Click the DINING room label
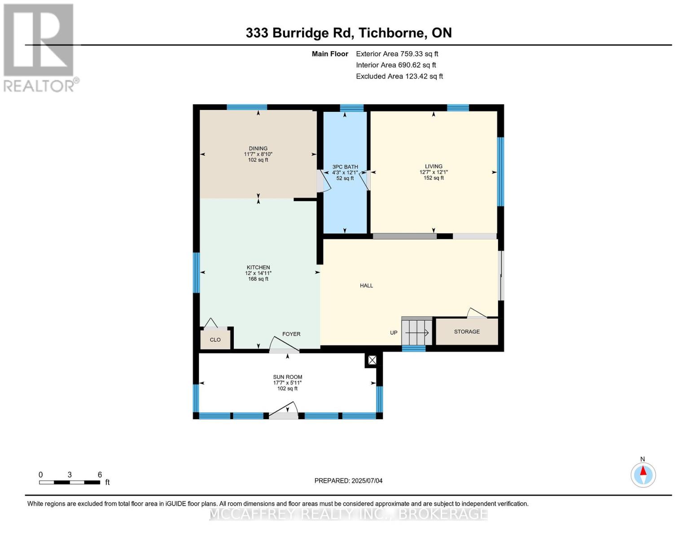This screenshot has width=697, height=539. [258, 149]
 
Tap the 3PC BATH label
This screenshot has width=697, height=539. [345, 167]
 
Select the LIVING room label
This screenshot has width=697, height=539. [434, 166]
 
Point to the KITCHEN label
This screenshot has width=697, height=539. [258, 268]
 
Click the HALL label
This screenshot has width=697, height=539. [366, 286]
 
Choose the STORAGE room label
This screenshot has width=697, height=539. [467, 332]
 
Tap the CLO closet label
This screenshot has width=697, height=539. [215, 340]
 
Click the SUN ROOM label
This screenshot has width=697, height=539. [287, 377]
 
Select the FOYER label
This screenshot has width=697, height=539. [291, 334]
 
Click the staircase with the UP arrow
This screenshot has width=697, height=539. [416, 332]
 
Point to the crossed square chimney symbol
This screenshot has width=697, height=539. [372, 360]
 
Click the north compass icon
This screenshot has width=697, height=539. [643, 474]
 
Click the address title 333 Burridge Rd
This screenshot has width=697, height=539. [348, 33]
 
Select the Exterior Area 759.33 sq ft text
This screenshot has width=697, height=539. [397, 54]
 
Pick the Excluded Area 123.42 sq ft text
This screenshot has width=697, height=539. [399, 76]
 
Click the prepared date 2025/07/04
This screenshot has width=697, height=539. [348, 481]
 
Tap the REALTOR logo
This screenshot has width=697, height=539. [39, 48]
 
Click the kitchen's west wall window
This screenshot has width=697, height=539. [196, 273]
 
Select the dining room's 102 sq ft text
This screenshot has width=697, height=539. [258, 160]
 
